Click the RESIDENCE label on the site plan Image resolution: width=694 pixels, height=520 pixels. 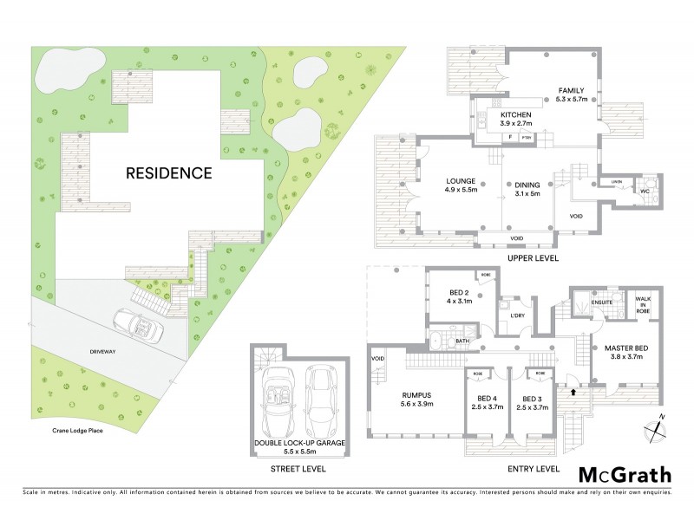tap(169, 172)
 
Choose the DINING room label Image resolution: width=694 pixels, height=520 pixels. tap(530, 185)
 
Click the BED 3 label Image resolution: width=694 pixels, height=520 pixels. tap(532, 401)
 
